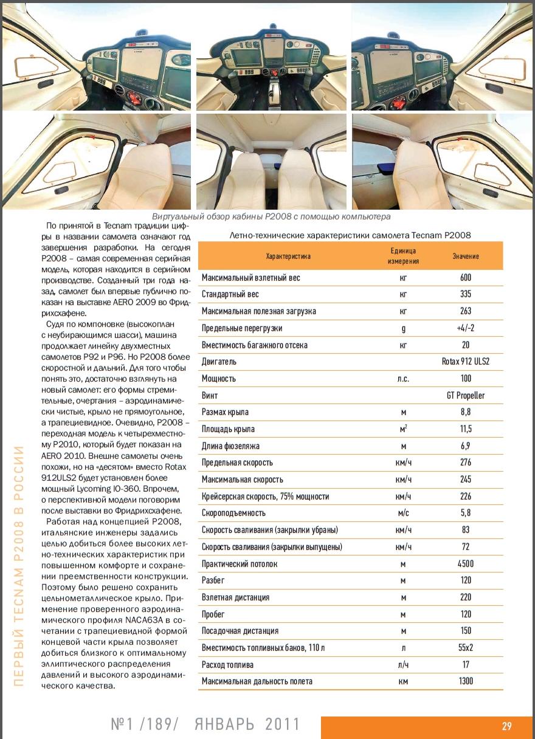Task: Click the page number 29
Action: click(x=506, y=726)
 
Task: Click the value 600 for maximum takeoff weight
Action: click(x=466, y=277)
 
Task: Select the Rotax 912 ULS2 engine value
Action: click(x=466, y=362)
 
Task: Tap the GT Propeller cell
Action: click(x=466, y=395)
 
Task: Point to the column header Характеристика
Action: click(x=288, y=256)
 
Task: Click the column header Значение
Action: click(x=466, y=256)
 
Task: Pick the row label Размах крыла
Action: click(x=225, y=412)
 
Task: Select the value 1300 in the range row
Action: click(x=466, y=681)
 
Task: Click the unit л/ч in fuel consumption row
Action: click(x=403, y=665)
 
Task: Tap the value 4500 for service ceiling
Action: click(x=466, y=563)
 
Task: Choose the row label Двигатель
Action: click(x=219, y=362)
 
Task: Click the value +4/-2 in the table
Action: click(x=466, y=328)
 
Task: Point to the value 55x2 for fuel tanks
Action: click(x=466, y=648)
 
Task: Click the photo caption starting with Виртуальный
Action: click(x=271, y=216)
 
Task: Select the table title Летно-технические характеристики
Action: click(x=350, y=235)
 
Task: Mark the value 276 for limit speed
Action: click(x=466, y=462)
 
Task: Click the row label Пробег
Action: click(x=216, y=614)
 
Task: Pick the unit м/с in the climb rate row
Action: click(x=403, y=513)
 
